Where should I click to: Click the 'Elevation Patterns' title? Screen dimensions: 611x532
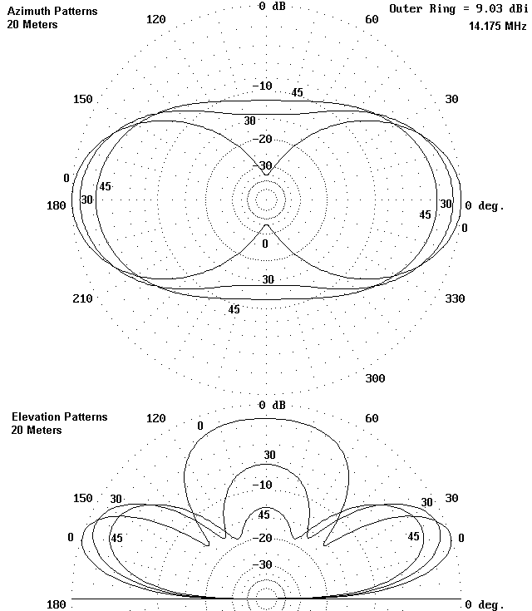(x=59, y=416)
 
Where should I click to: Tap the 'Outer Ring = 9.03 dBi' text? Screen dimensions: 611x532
(x=458, y=8)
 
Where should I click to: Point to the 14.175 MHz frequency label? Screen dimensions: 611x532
(x=497, y=26)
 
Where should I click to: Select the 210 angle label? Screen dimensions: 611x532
(x=82, y=298)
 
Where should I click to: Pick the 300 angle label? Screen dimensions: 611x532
(x=375, y=378)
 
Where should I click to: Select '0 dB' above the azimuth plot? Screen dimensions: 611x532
(x=273, y=6)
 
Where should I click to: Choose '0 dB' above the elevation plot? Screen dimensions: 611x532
(x=273, y=405)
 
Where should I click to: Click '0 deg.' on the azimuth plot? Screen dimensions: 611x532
(x=484, y=205)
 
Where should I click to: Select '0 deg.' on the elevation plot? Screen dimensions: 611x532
(x=484, y=604)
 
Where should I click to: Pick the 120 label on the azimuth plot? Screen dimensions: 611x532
(x=155, y=19)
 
